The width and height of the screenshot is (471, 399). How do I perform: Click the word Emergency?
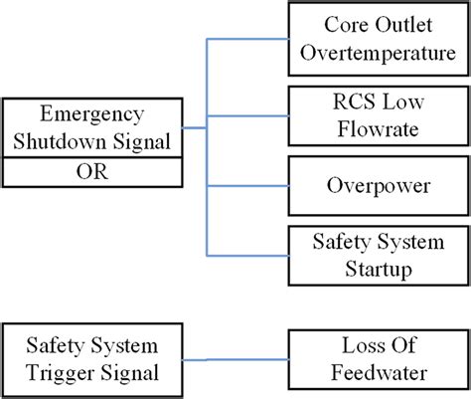pyautogui.click(x=91, y=114)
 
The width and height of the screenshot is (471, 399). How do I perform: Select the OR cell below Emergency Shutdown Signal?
pyautogui.click(x=91, y=173)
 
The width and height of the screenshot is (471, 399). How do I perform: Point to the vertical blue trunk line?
pyautogui.click(x=206, y=149)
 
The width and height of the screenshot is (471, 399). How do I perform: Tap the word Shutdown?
pyautogui.click(x=68, y=140)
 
